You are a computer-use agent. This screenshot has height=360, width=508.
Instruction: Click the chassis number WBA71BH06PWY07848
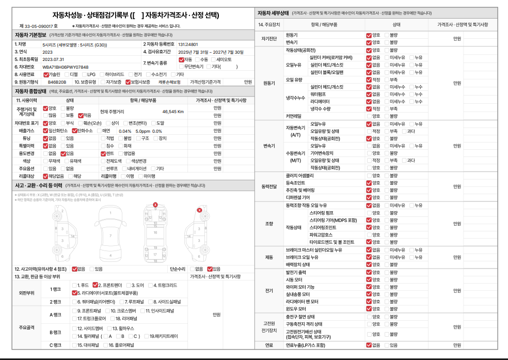coord(65,67)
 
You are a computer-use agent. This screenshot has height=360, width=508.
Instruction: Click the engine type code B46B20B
coord(57,82)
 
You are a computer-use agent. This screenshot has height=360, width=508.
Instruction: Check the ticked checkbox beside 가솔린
coord(46,74)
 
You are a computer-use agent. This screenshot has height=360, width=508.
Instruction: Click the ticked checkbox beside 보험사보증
coord(128,82)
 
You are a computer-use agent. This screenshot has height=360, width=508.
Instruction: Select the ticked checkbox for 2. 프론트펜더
coord(100,285)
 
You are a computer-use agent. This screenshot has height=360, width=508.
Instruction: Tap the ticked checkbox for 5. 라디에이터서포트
coord(74,292)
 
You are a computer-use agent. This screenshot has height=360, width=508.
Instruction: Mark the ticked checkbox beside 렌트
coord(103,153)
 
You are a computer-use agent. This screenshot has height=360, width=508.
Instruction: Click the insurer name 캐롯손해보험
coord(169,82)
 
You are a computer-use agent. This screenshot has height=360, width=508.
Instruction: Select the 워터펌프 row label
coord(317,95)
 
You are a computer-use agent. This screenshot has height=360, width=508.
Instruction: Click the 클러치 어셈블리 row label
coord(299,175)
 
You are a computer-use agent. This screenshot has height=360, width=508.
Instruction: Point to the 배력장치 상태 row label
coord(298,264)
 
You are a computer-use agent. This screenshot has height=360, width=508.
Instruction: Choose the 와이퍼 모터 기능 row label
coord(300,287)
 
